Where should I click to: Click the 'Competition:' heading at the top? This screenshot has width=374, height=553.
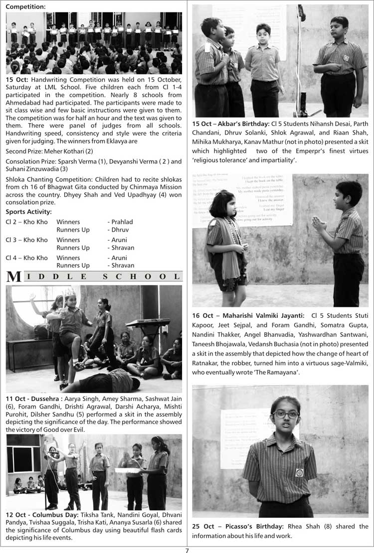25,7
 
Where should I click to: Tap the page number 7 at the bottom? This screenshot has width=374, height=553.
187,550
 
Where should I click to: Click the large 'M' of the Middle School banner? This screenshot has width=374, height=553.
13,277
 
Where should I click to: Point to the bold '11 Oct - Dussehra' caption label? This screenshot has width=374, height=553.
34,399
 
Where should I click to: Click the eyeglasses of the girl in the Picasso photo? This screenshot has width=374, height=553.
286,414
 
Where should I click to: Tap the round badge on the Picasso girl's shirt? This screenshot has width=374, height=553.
299,472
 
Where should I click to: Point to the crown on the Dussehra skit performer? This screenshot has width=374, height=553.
69,292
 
